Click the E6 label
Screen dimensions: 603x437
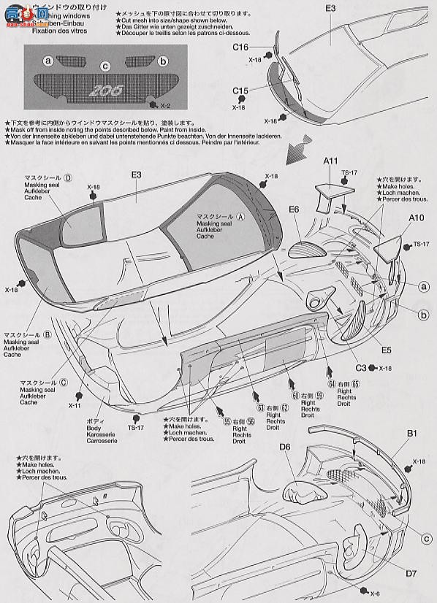pyautogui.click(x=294, y=210)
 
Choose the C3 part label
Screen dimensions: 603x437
pyautogui.click(x=360, y=368)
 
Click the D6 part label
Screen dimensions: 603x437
pyautogui.click(x=285, y=447)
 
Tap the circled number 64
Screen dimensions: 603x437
pyautogui.click(x=332, y=384)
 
